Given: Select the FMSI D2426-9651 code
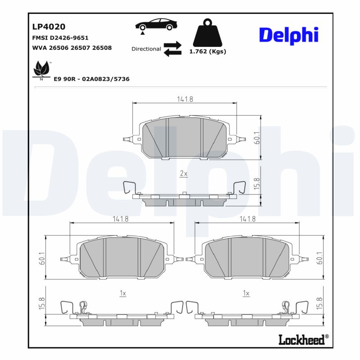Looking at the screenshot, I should (60, 38).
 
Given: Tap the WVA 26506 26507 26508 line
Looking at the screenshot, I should (72, 48).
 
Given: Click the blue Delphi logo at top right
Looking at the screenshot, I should (288, 35).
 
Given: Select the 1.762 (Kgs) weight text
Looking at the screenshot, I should (207, 51).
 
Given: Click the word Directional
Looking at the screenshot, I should (146, 49).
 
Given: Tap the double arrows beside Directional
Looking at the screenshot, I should (172, 49).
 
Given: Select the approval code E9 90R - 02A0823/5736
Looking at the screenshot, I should (91, 79).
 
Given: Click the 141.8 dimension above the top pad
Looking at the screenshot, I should (184, 99).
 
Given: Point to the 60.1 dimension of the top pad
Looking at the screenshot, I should (257, 138).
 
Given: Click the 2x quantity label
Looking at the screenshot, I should (184, 173).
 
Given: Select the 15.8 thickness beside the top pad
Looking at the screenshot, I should (257, 185).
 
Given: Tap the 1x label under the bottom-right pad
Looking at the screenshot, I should (246, 293).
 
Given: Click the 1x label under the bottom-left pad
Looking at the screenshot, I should (122, 293).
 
